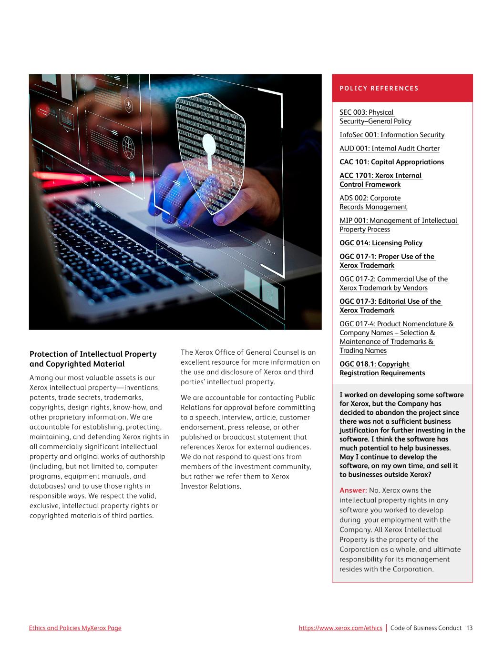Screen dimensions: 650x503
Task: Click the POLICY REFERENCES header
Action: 379,88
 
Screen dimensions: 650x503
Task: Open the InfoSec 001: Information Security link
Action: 392,135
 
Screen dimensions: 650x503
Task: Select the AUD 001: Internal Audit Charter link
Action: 390,149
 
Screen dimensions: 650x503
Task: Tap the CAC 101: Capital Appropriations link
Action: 391,162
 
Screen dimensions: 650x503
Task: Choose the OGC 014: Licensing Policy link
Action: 381,243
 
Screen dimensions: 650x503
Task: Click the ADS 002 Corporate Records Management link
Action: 373,202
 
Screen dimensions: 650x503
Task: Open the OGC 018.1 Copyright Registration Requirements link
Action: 382,369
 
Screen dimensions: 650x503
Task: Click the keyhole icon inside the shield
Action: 209,148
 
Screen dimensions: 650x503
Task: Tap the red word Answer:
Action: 353,490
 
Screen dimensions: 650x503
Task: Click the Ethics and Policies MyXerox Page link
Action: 75,628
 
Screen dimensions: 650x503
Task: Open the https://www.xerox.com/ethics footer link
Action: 340,628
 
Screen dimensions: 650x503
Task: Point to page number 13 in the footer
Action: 469,628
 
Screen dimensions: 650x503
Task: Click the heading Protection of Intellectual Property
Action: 93,354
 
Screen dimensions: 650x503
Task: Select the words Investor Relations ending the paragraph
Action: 211,486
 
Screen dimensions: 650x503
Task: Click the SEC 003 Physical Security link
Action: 375,117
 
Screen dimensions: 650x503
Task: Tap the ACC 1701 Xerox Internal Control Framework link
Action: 380,180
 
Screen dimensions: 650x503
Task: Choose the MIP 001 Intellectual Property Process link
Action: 398,225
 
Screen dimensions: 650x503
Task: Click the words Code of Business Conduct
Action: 426,628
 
